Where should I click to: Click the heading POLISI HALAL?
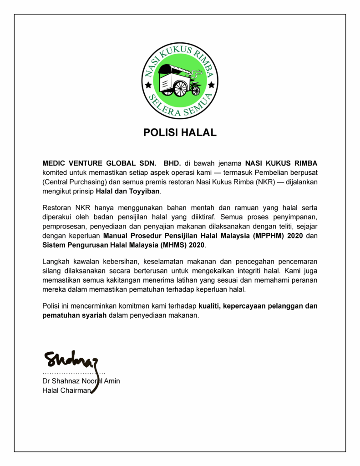[x=180, y=133]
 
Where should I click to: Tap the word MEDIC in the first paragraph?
[x=55, y=163]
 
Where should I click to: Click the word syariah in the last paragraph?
[x=91, y=315]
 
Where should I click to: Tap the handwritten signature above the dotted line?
[x=71, y=360]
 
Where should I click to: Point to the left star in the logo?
[x=148, y=85]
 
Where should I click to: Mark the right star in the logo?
[x=212, y=85]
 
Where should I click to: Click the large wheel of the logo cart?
[x=180, y=88]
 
